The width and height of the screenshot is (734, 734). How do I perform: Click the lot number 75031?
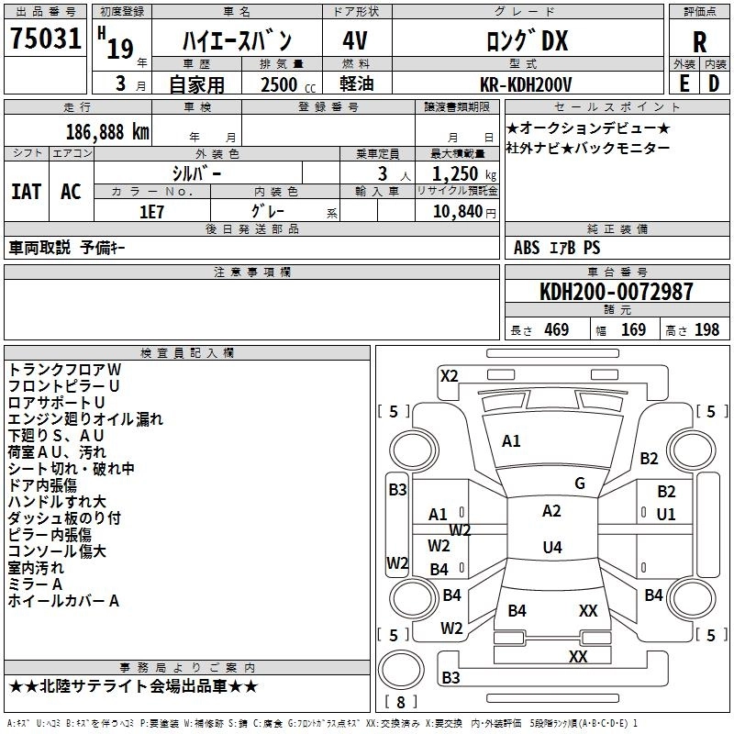pyautogui.click(x=45, y=39)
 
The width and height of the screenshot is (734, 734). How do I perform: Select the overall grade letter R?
pyautogui.click(x=699, y=42)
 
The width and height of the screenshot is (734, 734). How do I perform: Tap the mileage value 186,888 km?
pyautogui.click(x=107, y=132)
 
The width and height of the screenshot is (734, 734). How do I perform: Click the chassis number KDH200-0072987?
pyautogui.click(x=616, y=291)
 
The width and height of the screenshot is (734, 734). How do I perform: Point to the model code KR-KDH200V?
pyautogui.click(x=526, y=84)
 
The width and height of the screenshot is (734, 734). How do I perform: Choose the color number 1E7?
pyautogui.click(x=151, y=212)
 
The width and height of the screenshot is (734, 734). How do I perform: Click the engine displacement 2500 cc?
pyautogui.click(x=288, y=84)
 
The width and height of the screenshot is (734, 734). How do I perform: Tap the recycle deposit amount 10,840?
pyautogui.click(x=457, y=212)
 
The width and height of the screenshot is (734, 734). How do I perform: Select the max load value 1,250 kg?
pyautogui.click(x=463, y=174)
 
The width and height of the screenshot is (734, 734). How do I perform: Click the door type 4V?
pyautogui.click(x=355, y=40)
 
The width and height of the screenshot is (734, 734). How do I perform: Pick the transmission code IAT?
pyautogui.click(x=27, y=192)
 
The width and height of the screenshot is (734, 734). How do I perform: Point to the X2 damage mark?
pyautogui.click(x=449, y=376)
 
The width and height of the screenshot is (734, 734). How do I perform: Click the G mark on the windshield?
pyautogui.click(x=580, y=484)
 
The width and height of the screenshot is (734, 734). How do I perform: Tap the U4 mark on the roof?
pyautogui.click(x=552, y=547)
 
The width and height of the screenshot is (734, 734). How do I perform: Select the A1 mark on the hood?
pyautogui.click(x=511, y=441)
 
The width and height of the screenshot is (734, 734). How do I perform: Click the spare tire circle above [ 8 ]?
pyautogui.click(x=400, y=670)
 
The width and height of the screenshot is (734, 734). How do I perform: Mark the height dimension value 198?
pyautogui.click(x=706, y=329)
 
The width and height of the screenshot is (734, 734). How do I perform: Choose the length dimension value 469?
pyautogui.click(x=557, y=329)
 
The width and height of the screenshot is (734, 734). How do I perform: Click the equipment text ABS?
pyautogui.click(x=527, y=248)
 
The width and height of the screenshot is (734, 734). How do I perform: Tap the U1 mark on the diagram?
pyautogui.click(x=666, y=515)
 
